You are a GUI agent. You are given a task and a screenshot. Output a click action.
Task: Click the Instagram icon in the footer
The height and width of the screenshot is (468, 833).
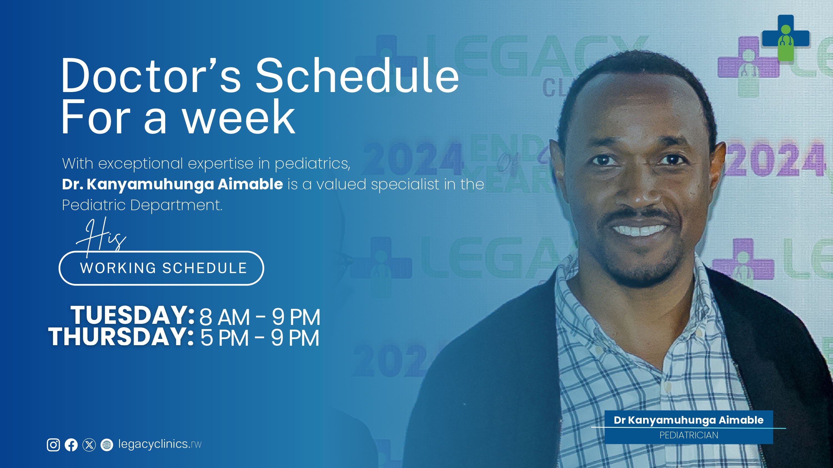coord(53,445)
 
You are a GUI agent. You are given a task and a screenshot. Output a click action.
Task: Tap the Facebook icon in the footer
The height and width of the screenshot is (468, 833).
coord(71,445)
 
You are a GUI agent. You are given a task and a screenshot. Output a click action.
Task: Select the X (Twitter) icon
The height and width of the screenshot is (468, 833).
coord(89,445)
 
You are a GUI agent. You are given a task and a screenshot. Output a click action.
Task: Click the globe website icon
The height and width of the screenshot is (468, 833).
coord(107,445)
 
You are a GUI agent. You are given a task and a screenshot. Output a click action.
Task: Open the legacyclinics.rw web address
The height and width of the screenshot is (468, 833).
coord(160,444)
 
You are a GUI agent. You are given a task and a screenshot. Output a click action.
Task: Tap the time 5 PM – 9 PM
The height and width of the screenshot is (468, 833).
coord(260,338)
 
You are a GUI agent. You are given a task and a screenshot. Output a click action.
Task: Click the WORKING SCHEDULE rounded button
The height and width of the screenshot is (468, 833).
coord(161,268)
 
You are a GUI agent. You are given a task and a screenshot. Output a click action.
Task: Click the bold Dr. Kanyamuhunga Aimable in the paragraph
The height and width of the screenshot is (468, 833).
coord(172,184)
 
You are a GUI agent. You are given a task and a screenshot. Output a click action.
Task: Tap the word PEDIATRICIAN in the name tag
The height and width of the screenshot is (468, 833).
coord(689,435)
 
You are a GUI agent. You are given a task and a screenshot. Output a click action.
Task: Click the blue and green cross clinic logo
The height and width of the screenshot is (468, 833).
coord(786,38)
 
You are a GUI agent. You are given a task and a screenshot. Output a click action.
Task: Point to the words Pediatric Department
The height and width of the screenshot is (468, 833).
coord(142,205)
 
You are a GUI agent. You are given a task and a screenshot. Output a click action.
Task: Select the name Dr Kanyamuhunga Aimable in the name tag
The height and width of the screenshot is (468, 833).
coord(689,420)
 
